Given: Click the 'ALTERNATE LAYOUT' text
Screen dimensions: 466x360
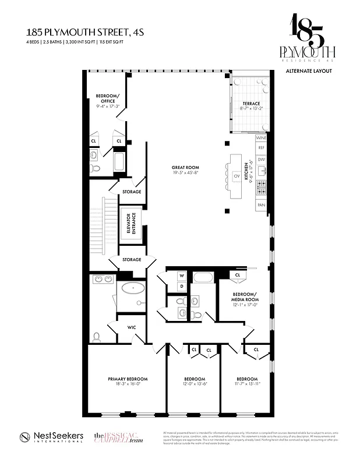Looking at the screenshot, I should (309, 70).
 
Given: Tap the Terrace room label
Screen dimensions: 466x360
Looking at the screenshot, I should (252, 104).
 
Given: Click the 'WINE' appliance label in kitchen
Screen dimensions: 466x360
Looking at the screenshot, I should (261, 138).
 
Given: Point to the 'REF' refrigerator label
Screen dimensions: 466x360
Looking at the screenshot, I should (261, 149).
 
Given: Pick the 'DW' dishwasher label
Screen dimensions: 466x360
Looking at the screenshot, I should (261, 159).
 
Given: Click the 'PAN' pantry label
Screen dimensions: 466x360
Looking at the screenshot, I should (261, 206).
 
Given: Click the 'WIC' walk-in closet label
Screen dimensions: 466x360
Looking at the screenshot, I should (132, 327).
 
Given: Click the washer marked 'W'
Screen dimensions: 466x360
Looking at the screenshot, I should (181, 276).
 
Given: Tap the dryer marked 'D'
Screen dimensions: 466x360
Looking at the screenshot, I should (181, 286).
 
